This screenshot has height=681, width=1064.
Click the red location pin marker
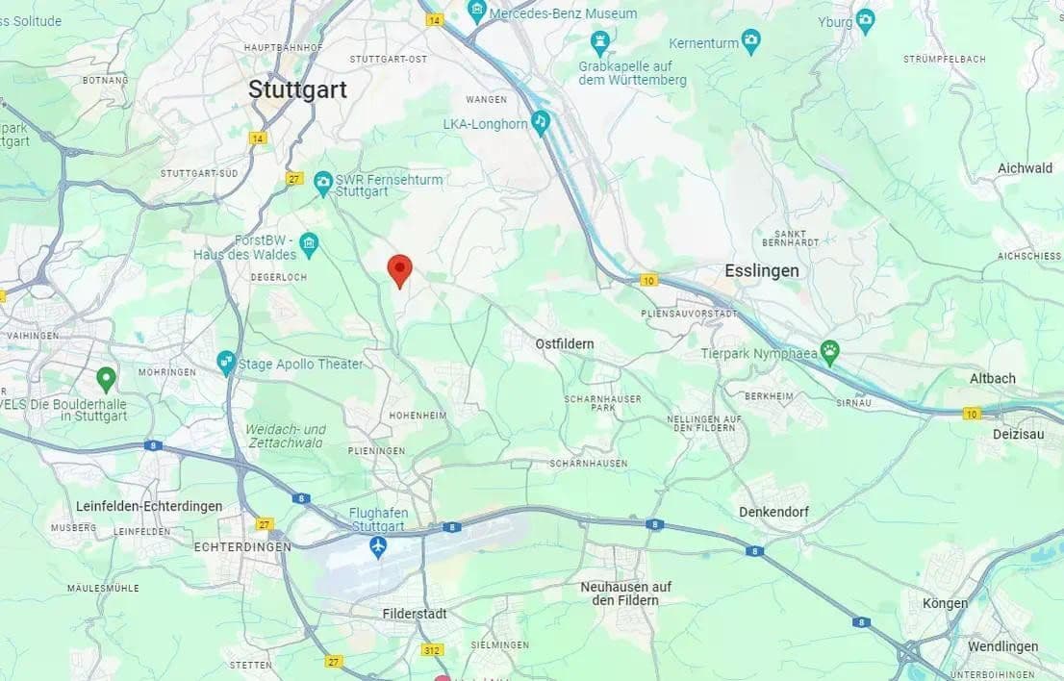click(399, 270)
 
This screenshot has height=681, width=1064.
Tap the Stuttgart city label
click(297, 89)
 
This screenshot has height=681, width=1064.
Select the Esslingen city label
click(762, 270)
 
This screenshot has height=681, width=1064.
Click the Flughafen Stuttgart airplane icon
click(378, 547)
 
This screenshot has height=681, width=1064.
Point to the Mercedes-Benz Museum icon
click(476, 13)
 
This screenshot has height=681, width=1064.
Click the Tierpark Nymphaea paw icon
click(829, 351)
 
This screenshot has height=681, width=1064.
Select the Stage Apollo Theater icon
click(226, 363)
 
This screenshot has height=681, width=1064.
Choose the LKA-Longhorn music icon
click(541, 122)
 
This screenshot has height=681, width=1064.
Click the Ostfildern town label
click(565, 343)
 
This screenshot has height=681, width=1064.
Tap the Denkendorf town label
click(773, 512)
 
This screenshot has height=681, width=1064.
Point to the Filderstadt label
click(415, 614)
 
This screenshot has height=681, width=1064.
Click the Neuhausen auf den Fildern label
click(625, 593)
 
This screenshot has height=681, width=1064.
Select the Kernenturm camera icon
click(751, 41)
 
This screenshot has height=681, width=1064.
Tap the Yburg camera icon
click(865, 20)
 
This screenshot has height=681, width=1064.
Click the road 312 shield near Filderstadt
click(432, 650)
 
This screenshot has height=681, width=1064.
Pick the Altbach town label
click(992, 378)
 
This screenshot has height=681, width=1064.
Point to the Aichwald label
click(1025, 168)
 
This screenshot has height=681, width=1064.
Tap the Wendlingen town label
click(1002, 645)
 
